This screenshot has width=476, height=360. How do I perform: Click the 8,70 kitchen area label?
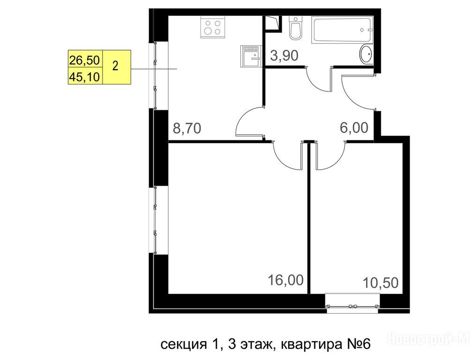[186, 128]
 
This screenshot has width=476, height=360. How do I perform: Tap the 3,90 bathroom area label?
[284, 55]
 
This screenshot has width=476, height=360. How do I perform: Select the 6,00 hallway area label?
[354, 127]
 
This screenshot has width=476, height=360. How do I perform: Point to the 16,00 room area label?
[285, 280]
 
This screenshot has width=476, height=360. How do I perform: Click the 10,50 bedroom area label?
[381, 283]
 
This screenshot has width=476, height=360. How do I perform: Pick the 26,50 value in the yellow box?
[84, 60]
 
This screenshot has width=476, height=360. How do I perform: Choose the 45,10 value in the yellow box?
[84, 77]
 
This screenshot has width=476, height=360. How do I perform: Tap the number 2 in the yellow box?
[115, 66]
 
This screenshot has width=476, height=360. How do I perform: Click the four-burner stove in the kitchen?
[213, 27]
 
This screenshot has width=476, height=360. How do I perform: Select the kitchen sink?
[251, 56]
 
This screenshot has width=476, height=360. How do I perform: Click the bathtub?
[342, 30]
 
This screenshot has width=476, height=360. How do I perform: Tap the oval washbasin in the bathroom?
[366, 54]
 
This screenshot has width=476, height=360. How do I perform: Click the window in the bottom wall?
[352, 303]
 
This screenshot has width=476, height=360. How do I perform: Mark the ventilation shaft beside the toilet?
[273, 23]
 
